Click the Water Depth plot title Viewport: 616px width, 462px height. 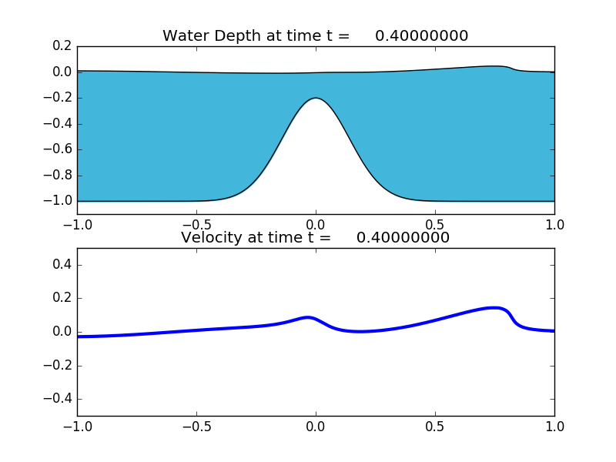coord(315,36)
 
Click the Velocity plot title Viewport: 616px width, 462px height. coord(315,238)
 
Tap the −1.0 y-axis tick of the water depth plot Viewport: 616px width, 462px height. coord(60,201)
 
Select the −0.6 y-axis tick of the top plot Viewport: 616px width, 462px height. coord(60,149)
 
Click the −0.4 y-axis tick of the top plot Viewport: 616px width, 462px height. coord(60,123)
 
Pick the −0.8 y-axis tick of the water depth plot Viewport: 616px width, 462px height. coord(60,175)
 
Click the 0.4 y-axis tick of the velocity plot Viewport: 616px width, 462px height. coord(63,265)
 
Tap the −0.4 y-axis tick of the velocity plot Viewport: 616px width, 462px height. coord(60,399)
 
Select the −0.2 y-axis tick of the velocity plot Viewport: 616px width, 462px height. coord(60,366)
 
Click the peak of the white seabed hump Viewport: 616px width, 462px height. coord(316,99)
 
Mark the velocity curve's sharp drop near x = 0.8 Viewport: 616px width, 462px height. coord(512,316)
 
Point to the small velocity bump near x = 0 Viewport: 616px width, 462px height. coord(309,317)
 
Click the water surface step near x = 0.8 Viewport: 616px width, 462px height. coord(514,69)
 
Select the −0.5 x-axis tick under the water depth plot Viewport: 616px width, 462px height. coord(196,225)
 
